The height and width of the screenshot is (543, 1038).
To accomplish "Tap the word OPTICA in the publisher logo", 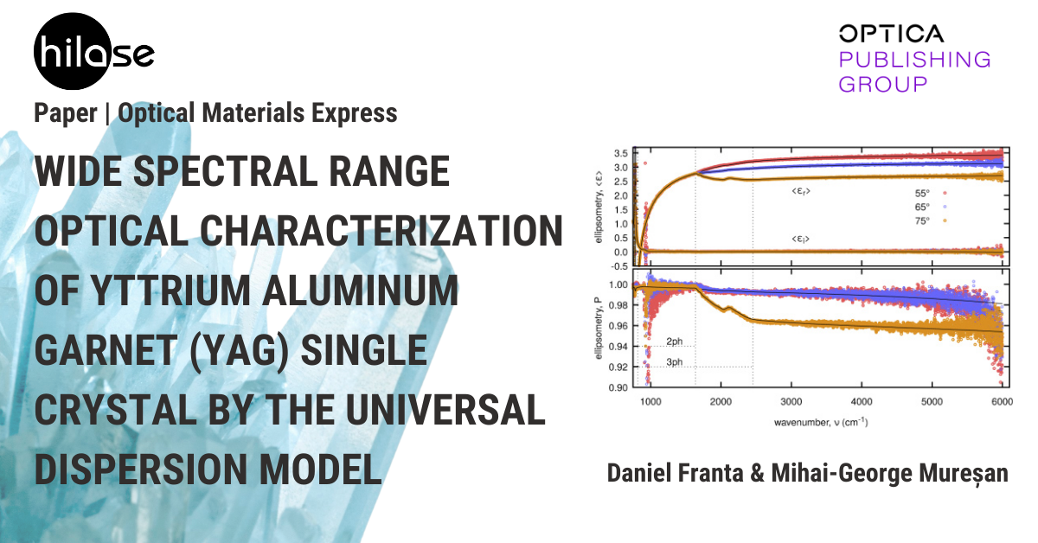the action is point(891,34).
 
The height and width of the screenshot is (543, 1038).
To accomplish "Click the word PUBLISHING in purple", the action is point(915,60).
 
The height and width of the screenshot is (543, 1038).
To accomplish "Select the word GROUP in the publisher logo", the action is point(883,85).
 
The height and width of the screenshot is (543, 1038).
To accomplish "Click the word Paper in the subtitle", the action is point(66,113).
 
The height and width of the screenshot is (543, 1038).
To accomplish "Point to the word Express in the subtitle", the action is point(354,113).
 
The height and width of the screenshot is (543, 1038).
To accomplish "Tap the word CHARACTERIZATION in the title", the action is point(381,231).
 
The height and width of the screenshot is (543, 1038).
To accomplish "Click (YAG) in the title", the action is point(240,350).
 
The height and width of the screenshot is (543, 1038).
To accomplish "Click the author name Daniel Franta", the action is point(676,473).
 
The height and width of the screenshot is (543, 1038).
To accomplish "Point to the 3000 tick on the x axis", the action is point(791,401).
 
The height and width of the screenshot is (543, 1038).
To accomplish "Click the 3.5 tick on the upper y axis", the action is point(621,153).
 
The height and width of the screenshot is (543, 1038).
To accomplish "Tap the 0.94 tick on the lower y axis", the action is point(618,347).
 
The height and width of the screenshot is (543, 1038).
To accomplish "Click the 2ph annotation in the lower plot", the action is point(674,342).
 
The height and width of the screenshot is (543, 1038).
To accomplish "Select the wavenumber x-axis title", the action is point(821,423).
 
